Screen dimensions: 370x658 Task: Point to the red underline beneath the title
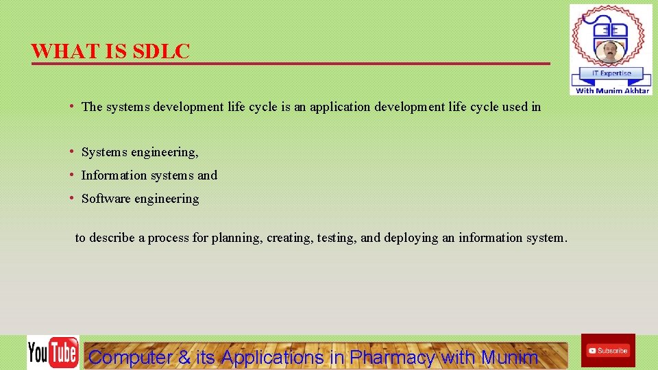coord(291,64)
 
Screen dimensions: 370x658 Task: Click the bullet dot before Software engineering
coord(72,198)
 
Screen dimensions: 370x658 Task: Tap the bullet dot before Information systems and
coord(72,175)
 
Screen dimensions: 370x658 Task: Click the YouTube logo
coord(53,353)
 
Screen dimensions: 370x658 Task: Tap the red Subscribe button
coord(607,351)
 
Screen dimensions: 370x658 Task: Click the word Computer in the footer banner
coord(130,357)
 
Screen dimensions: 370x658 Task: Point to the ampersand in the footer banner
coord(184,357)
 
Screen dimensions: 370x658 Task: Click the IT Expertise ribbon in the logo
coord(611,73)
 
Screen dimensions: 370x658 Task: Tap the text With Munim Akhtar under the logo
coord(612,90)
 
